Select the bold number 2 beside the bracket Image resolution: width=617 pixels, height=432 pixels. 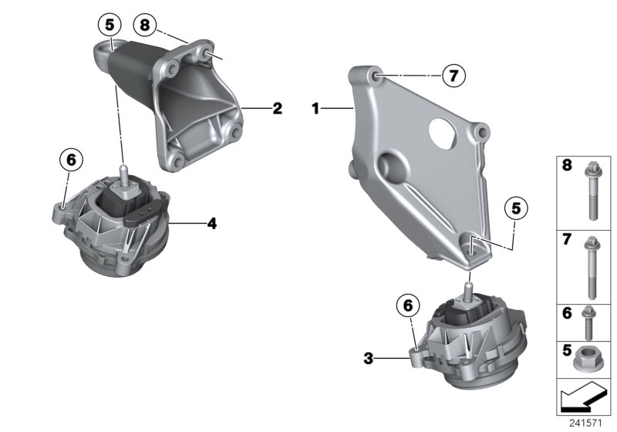point(277,109)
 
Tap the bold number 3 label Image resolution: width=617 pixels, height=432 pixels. point(369,358)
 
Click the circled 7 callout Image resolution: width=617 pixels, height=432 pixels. point(453,76)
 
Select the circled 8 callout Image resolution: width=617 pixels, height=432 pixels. point(145,25)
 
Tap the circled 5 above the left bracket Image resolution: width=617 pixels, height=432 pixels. point(110,25)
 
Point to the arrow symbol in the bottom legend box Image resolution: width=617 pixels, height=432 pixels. point(583,399)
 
